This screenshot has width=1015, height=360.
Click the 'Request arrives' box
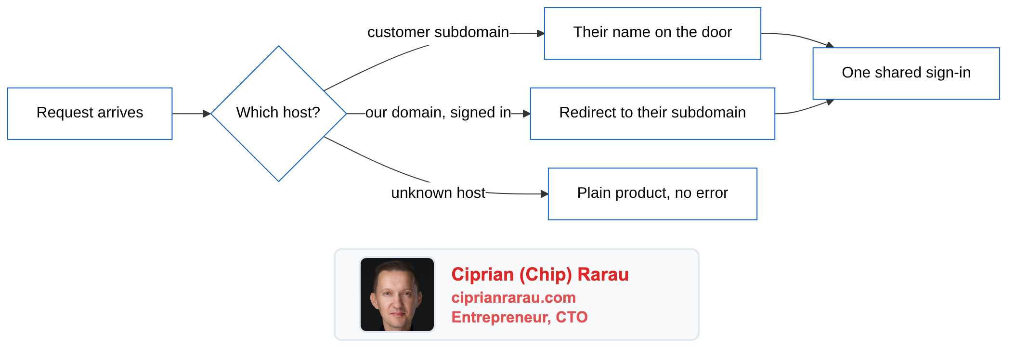pyautogui.click(x=90, y=114)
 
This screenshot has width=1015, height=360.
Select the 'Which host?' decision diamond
pyautogui.click(x=279, y=114)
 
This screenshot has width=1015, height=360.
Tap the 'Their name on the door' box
pyautogui.click(x=652, y=33)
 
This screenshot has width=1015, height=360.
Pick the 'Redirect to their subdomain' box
pyautogui.click(x=652, y=114)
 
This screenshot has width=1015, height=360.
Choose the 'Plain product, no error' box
pyautogui.click(x=652, y=194)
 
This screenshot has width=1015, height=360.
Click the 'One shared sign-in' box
pyautogui.click(x=906, y=74)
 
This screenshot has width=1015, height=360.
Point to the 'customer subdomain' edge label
pyautogui.click(x=438, y=32)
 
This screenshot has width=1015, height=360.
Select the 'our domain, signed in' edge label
pyautogui.click(x=438, y=113)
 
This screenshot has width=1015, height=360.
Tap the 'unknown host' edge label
pyautogui.click(x=438, y=193)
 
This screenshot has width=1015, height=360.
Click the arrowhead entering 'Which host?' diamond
pyautogui.click(x=207, y=114)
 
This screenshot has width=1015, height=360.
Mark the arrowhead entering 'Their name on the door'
pyautogui.click(x=541, y=33)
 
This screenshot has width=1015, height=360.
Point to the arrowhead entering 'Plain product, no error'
pyautogui.click(x=545, y=194)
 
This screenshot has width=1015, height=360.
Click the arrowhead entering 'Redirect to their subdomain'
pyautogui.click(x=527, y=114)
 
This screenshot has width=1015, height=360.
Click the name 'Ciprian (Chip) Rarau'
pyautogui.click(x=540, y=274)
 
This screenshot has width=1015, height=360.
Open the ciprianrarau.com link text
pyautogui.click(x=514, y=297)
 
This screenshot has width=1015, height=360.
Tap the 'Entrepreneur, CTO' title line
pyautogui.click(x=520, y=317)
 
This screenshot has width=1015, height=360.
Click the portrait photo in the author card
pyautogui.click(x=397, y=295)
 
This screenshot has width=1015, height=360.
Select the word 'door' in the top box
pyautogui.click(x=717, y=32)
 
